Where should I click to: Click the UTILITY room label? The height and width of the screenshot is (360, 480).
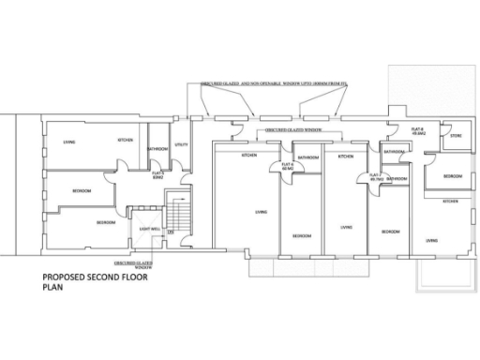(x=182, y=145)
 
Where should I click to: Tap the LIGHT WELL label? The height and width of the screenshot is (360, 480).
(x=148, y=229)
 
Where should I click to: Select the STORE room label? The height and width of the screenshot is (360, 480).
(x=457, y=136)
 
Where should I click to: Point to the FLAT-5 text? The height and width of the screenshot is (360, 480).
(x=157, y=173)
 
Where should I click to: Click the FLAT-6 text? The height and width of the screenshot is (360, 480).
(x=286, y=168)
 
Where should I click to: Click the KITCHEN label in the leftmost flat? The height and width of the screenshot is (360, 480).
(x=125, y=141)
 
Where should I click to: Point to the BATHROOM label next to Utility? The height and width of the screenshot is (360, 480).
(x=157, y=149)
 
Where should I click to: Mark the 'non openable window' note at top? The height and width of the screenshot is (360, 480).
(x=267, y=83)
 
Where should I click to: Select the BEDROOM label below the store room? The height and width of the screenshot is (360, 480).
(x=451, y=176)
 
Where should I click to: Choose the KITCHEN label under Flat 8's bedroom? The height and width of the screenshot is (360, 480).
(x=450, y=201)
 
